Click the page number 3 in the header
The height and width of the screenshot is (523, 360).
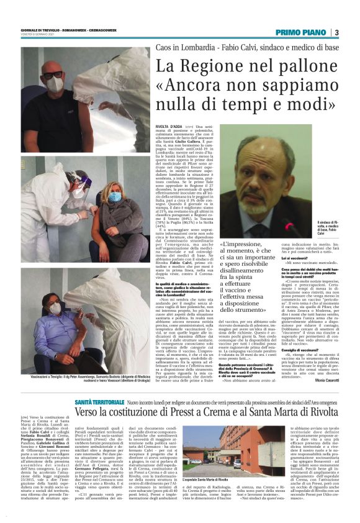[x=336, y=32]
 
